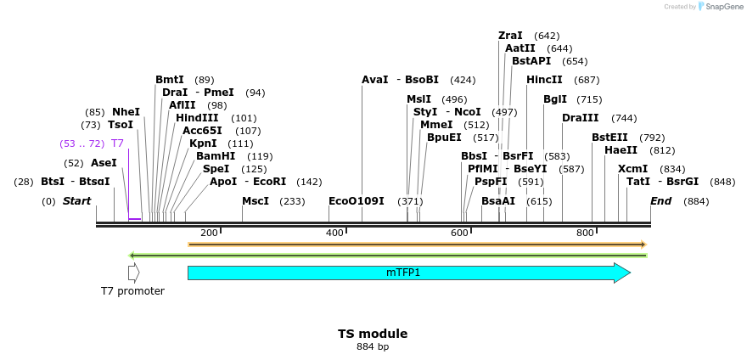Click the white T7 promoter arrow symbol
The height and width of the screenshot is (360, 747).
[133, 273]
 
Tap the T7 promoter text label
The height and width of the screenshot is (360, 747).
[132, 291]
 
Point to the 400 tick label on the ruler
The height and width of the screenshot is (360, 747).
[334, 233]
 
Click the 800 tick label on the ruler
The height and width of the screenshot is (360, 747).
[585, 233]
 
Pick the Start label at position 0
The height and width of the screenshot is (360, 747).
[76, 201]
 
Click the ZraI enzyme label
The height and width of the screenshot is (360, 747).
[510, 36]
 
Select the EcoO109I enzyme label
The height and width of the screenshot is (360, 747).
[357, 201]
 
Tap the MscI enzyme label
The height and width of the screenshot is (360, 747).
[256, 201]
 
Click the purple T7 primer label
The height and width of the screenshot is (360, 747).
[117, 143]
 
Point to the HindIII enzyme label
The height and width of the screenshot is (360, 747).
[197, 118]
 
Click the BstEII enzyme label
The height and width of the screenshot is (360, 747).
[610, 138]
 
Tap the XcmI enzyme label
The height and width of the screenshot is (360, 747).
[632, 169]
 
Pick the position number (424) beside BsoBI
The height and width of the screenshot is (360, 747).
[463, 80]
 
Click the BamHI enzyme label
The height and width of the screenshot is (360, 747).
[216, 156]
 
